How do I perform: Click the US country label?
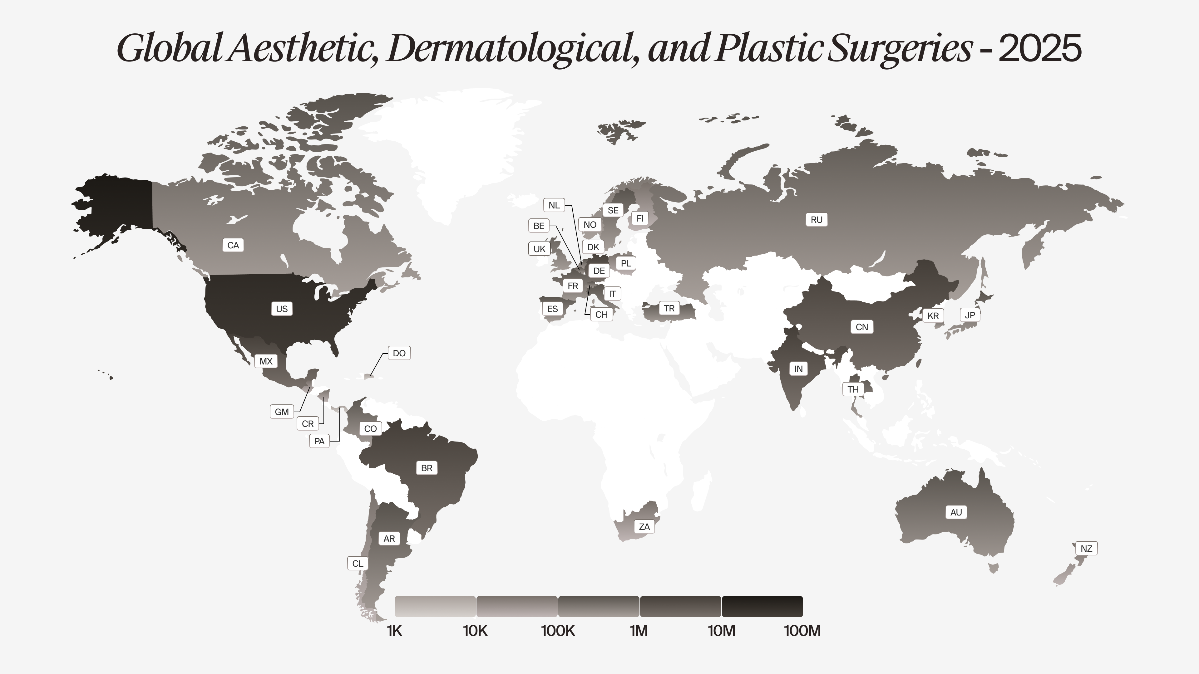282,309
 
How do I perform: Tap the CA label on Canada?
233,245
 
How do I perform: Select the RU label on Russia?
817,220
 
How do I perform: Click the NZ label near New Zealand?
1086,549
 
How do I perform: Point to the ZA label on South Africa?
644,526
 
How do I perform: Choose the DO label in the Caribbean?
399,353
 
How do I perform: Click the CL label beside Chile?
358,563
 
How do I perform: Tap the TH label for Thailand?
853,389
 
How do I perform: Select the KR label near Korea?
933,316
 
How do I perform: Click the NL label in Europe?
554,205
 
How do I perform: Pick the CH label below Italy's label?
601,315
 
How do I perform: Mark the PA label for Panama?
319,441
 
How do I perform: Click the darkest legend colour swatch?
762,606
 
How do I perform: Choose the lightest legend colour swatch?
435,606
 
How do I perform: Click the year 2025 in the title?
1040,48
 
